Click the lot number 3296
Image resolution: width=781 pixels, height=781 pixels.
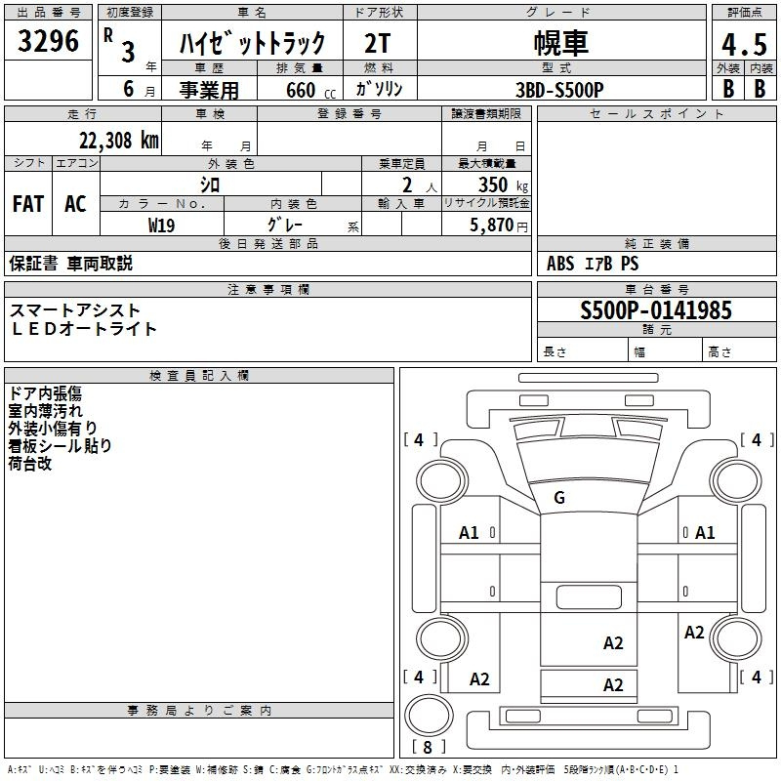click(50, 42)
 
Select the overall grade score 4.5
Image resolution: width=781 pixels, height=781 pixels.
click(742, 44)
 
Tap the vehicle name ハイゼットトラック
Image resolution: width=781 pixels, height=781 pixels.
click(252, 44)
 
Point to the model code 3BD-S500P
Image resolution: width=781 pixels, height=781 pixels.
click(559, 89)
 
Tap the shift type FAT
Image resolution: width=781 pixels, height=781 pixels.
click(28, 204)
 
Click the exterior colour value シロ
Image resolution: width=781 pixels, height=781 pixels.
click(209, 184)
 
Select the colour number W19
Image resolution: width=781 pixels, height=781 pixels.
click(162, 225)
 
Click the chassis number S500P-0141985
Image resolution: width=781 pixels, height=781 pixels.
click(655, 310)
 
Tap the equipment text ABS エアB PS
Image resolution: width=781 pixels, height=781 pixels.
click(594, 264)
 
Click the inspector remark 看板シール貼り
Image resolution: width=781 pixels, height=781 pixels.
click(60, 445)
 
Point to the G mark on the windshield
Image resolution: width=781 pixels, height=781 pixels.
click(559, 498)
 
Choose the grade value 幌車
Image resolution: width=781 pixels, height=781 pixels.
click(560, 44)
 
